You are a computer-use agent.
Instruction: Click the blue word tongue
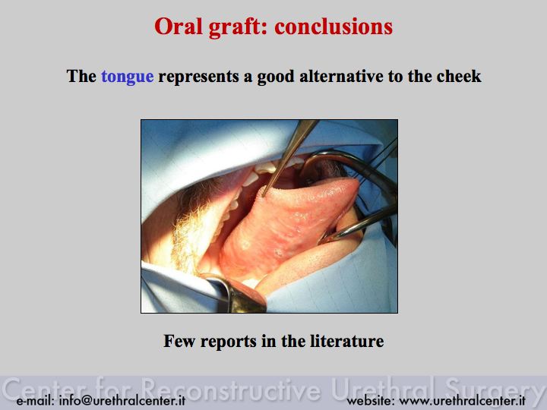pos(128,77)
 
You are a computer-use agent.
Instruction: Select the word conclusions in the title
pos(334,27)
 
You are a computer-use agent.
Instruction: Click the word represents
pos(198,77)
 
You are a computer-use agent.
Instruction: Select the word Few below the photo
pos(179,341)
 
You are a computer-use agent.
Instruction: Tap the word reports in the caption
pos(229,342)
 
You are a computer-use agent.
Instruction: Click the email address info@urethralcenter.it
pos(122,401)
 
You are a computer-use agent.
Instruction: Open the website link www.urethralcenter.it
pos(462,401)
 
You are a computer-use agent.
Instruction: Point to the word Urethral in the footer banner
pos(384,388)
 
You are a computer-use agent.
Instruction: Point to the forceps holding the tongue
pos(289,157)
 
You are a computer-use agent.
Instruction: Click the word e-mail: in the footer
pos(35,401)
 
